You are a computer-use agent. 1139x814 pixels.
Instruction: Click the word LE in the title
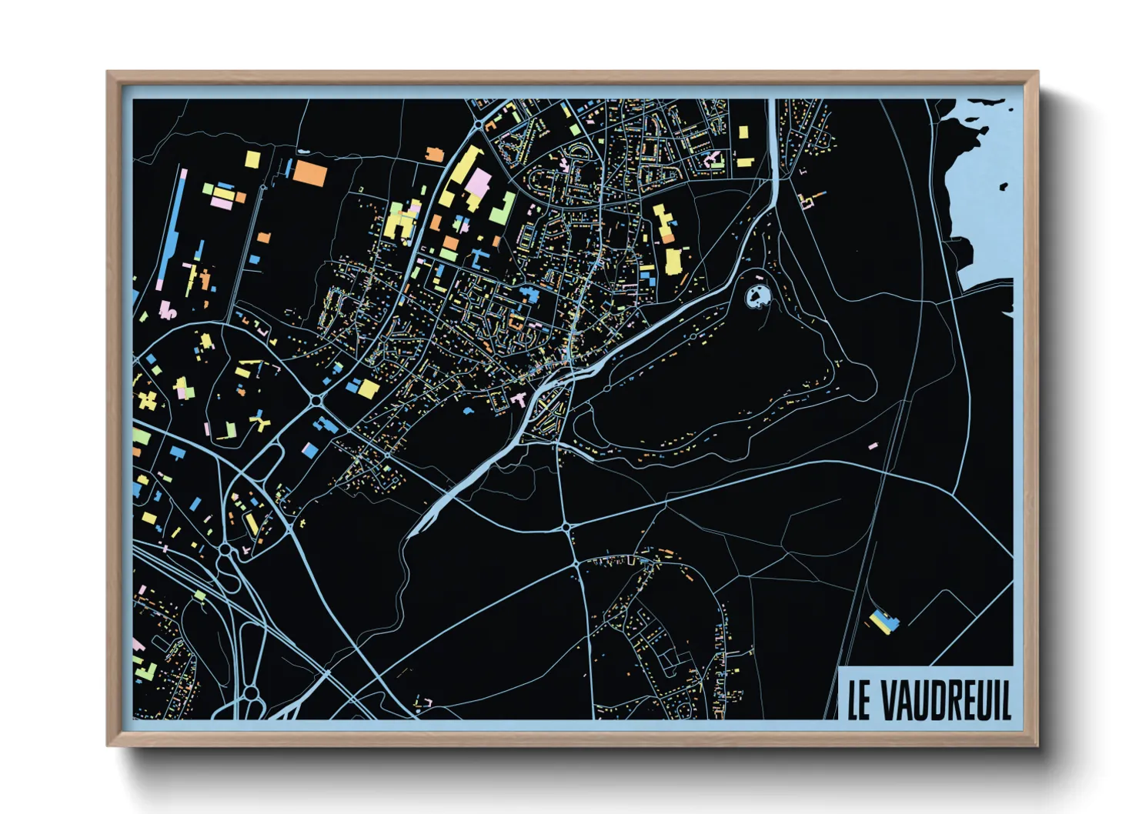pos(859,700)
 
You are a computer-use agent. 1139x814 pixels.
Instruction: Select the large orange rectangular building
pos(310,173)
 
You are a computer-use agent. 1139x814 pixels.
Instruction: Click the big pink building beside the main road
pos(478,185)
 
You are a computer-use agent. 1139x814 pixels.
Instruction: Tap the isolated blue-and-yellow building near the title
pos(883,622)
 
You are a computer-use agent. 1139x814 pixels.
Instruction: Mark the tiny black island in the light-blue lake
pos(1004,185)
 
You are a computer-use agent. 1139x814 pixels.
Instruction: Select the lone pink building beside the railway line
pos(873,445)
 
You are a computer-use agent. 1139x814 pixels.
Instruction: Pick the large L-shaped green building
pos(504,208)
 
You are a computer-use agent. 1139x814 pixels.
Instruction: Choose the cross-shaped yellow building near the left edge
pos(146,400)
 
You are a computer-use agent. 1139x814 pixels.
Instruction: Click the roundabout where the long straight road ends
pos(566,527)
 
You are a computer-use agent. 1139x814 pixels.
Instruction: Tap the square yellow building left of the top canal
pos(743,132)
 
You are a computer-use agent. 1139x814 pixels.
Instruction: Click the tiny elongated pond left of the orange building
pos(287,168)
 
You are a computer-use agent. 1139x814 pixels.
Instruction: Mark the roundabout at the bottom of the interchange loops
pos(251,693)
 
